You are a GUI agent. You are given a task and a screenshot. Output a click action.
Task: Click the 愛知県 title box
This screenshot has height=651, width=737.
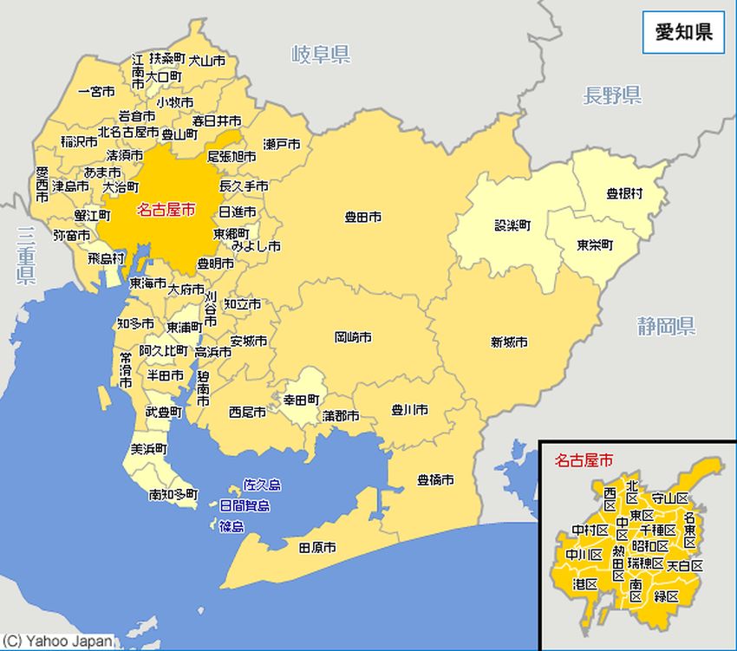coord(683,34)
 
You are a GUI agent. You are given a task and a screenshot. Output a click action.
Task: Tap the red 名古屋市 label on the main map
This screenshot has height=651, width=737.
coord(166,210)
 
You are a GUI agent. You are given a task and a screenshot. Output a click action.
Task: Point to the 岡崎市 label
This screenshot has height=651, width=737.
coord(353,336)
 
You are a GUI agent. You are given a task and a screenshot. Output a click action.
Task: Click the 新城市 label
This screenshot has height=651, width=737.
coord(509,342)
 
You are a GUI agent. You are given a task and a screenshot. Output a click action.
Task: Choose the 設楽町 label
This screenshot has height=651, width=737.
coord(512,225)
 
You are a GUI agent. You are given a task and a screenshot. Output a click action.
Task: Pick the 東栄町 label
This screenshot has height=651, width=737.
coord(596,244)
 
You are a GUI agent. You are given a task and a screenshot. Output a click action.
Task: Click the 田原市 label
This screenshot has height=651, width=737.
coord(317,548)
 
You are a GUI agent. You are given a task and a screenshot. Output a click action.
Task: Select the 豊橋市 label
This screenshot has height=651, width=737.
coord(435,479)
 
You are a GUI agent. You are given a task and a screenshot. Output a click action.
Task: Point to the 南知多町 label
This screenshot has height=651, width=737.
coord(173,495)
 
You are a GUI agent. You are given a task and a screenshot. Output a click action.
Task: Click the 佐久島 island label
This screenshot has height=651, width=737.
coord(262,485)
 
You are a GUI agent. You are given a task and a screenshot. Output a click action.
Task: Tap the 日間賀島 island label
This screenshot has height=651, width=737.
coord(245,506)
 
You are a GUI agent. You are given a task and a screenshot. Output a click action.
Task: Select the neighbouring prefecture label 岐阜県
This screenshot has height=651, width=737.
coord(321,56)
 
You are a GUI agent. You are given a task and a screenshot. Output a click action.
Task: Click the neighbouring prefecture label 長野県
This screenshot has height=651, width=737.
coord(612,96)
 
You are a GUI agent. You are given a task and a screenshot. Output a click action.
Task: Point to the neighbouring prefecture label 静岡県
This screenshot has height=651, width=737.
coord(666,327)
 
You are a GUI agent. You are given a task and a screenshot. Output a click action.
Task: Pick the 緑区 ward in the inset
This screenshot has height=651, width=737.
coord(667,596)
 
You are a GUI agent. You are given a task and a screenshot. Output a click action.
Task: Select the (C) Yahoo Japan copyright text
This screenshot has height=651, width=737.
coord(57,641)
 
